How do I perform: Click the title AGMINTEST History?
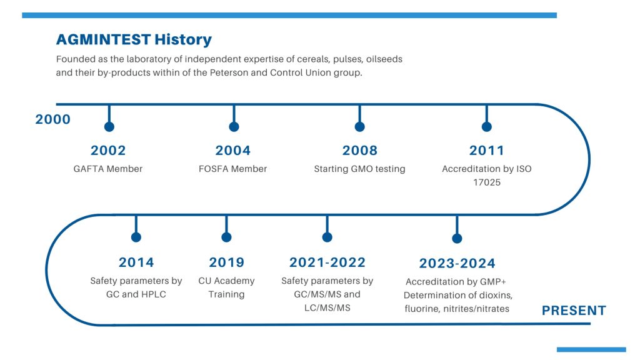click(134, 39)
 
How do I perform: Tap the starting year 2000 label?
click(52, 119)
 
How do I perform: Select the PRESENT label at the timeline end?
click(574, 311)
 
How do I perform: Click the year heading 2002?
click(108, 150)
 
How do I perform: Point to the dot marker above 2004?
click(234, 126)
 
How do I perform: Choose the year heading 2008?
click(359, 150)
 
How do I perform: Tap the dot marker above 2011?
click(486, 126)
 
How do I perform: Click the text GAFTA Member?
click(107, 169)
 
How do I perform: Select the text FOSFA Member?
click(232, 169)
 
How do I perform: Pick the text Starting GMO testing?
click(359, 169)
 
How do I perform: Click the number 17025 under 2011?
click(486, 182)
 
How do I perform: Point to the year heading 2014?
click(136, 262)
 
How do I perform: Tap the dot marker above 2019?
click(226, 237)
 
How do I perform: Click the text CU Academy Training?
click(226, 287)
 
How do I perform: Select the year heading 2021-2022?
click(327, 262)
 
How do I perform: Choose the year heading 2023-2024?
click(457, 263)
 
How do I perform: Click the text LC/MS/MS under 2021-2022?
click(327, 307)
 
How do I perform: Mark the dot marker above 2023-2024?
click(457, 238)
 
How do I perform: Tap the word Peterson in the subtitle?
click(229, 72)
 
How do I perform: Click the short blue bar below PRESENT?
click(591, 350)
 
